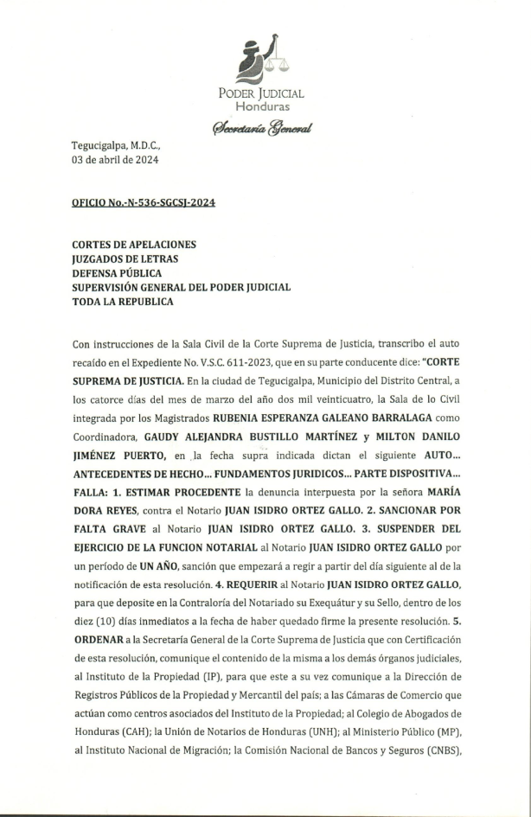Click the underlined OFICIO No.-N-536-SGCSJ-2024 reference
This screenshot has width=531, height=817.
click(144, 202)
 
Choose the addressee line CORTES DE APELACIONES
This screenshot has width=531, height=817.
click(134, 245)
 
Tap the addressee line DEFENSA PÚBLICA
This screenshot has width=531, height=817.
click(117, 273)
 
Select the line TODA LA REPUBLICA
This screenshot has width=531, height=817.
click(122, 302)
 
